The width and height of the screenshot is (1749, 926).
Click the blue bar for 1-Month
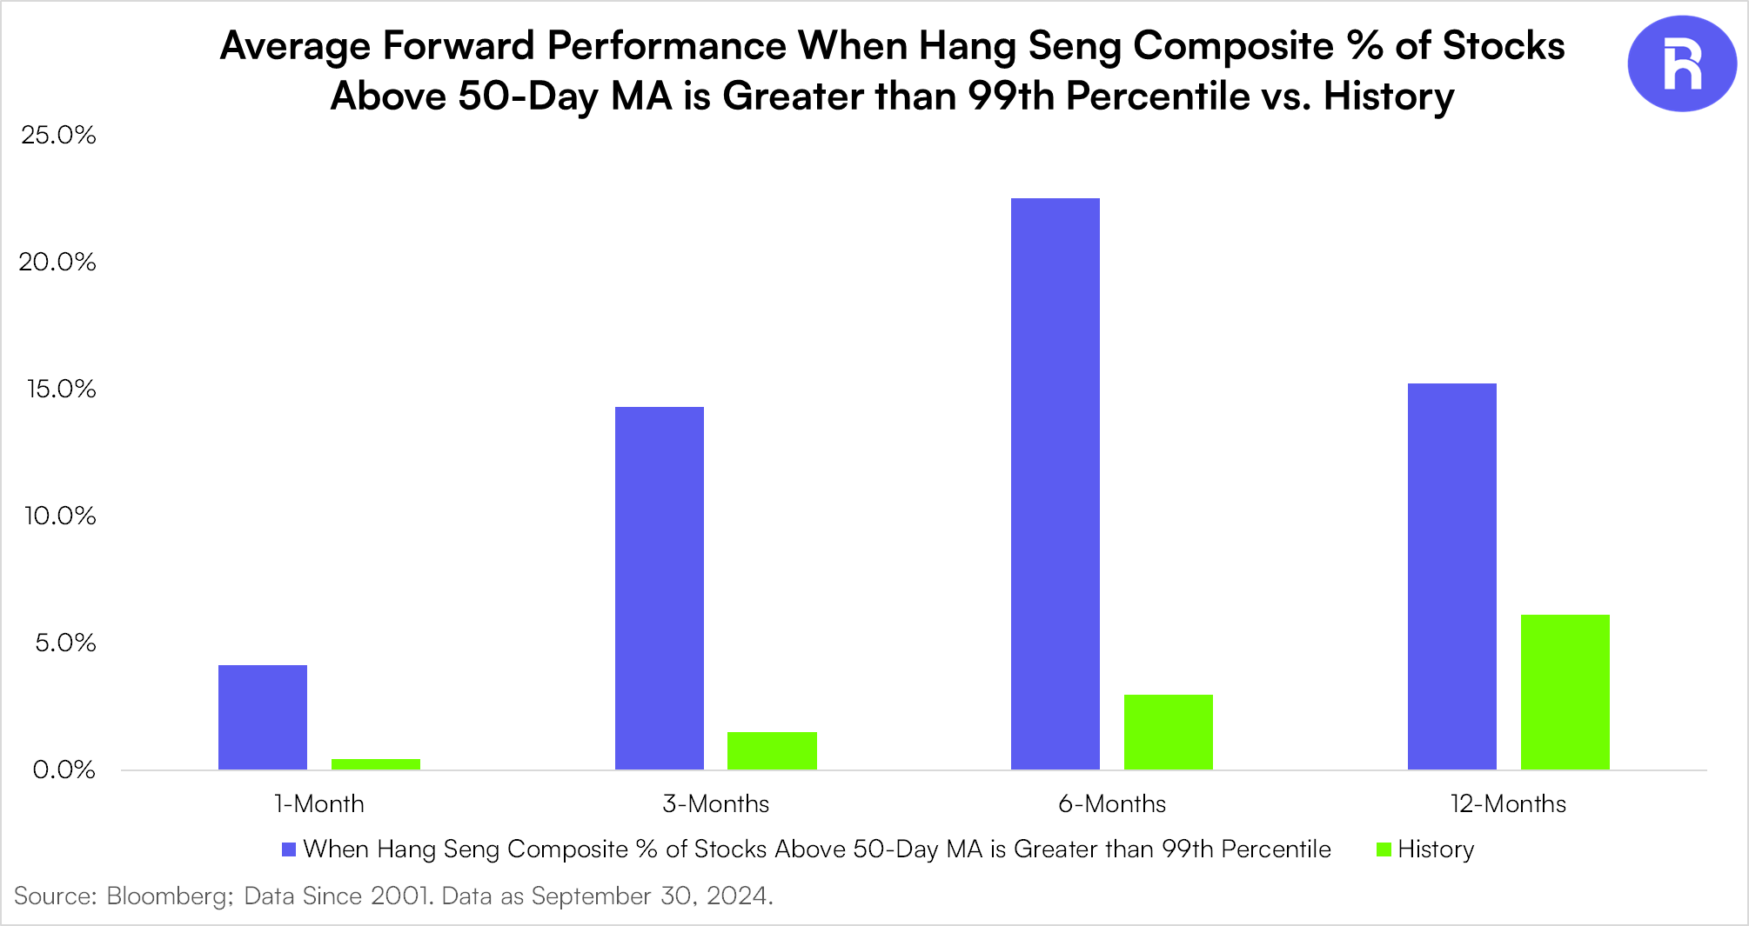263,717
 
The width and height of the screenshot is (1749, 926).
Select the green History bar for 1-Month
376,764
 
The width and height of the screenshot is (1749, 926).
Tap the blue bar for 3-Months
660,588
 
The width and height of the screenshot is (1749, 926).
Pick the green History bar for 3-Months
772,750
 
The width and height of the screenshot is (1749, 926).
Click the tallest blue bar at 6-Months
1055,483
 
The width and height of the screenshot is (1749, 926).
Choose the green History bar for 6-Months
1169,732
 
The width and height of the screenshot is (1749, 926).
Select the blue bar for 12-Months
1452,576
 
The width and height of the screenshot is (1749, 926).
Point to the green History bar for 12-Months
1565,692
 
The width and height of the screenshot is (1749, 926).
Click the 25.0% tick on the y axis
58,135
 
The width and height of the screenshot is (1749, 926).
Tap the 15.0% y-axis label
61,389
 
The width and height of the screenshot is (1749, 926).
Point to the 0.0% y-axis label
64,769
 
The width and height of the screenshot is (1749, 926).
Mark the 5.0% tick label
65,643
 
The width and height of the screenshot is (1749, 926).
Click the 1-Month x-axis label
319,803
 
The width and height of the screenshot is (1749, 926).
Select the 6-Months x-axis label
1112,803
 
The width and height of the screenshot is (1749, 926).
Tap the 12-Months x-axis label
1509,803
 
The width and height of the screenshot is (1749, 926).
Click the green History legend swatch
1384,849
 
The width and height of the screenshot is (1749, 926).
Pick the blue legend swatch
289,849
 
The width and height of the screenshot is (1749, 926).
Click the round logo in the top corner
1682,63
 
